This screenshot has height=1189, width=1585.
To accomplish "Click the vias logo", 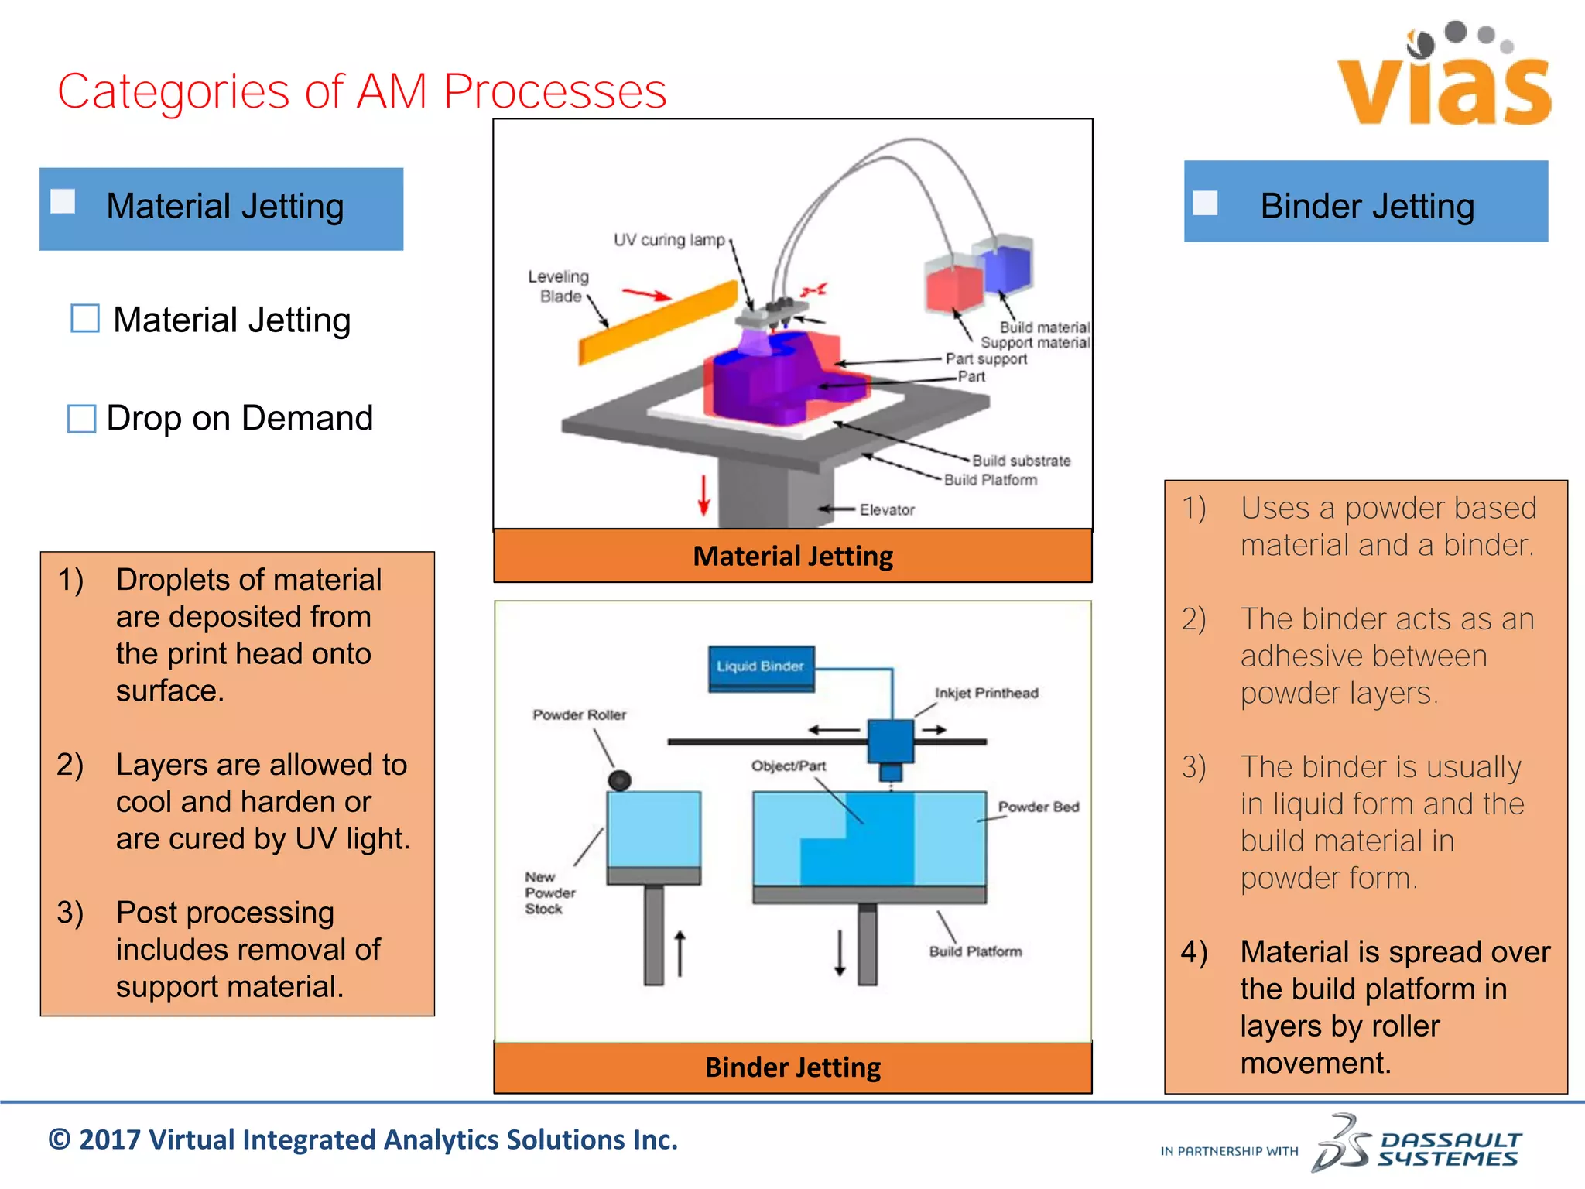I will [1444, 77].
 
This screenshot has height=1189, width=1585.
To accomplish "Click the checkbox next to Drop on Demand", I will [82, 419].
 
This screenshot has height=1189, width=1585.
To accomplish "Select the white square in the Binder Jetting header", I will [1205, 204].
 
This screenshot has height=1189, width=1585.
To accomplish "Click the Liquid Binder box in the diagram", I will [761, 666].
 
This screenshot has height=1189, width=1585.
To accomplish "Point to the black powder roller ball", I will [619, 780].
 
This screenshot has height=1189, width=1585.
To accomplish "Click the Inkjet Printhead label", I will [986, 693].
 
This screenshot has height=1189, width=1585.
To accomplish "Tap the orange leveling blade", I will [659, 323].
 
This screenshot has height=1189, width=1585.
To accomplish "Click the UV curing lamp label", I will [669, 240].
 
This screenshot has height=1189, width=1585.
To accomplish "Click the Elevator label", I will [887, 509].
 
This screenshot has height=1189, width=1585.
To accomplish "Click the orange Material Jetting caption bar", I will [792, 556].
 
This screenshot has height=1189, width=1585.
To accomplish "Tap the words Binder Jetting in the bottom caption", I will [792, 1067].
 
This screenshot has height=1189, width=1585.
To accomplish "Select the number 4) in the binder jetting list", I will [1194, 952].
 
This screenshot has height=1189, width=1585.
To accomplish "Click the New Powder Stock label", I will [549, 893].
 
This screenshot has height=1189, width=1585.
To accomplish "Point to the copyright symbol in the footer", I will [60, 1140].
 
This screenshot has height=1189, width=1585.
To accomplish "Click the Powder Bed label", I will [1038, 807].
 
